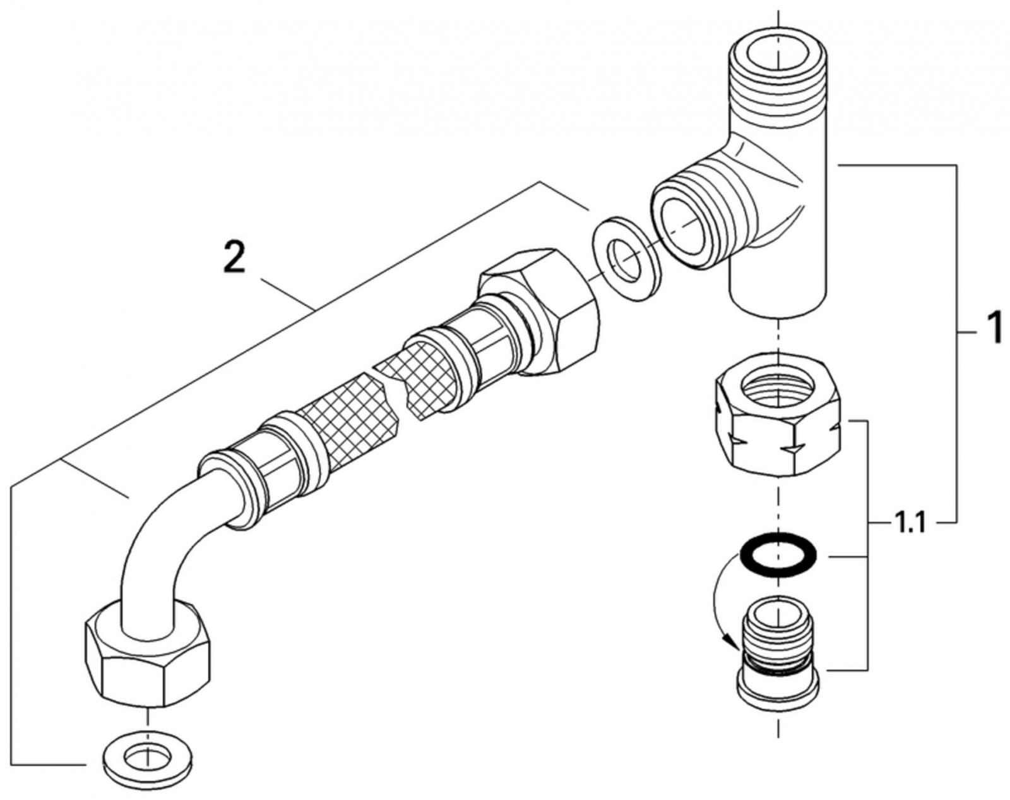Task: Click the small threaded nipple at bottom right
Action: tap(778, 638)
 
